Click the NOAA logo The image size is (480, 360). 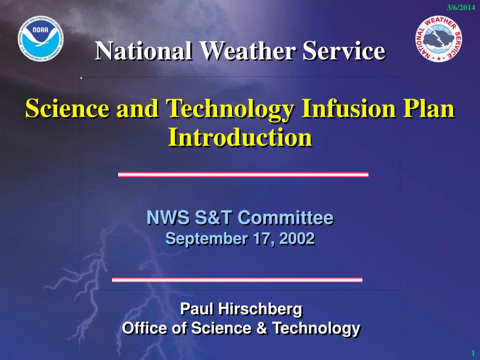41,38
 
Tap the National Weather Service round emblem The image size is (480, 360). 439,39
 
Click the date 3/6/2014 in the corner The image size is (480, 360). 461,7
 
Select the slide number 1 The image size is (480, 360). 473,353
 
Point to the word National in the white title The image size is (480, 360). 143,51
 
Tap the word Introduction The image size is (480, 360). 240,137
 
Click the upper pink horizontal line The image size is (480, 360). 243,174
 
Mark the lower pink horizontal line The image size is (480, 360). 237,280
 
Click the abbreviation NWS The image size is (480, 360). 168,217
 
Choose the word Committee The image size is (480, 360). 285,217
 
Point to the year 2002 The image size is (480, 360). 297,239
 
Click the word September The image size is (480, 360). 207,239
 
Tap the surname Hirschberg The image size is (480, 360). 260,309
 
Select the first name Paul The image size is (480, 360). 196,308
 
